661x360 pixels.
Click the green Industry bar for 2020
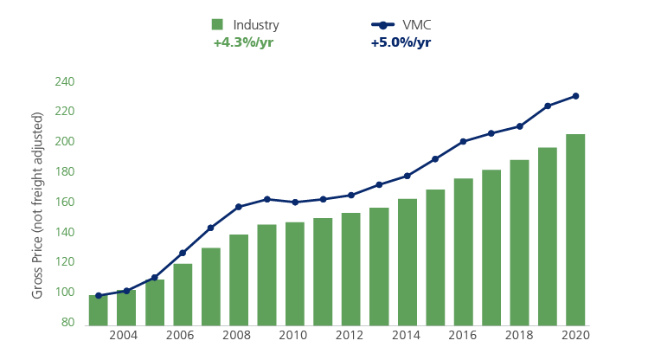coord(575,229)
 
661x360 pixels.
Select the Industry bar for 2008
coord(239,280)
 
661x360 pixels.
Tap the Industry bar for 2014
coord(407,261)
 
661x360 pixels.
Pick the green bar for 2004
coord(126,307)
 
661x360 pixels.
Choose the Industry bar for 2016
coord(463,251)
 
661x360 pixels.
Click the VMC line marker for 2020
coord(575,96)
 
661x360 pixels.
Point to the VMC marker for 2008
coord(239,207)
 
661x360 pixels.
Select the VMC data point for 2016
coord(463,141)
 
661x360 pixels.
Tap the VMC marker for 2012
coord(351,195)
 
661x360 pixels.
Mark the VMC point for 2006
coord(183,253)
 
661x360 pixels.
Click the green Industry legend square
coord(218,25)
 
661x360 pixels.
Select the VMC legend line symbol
coord(382,25)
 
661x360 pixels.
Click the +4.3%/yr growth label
coord(243,42)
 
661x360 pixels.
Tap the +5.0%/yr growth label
coord(401,42)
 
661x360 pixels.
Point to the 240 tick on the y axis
coord(65,81)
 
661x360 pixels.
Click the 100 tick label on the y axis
coord(65,292)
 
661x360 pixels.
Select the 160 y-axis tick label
coord(65,202)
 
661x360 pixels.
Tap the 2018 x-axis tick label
coord(519,336)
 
